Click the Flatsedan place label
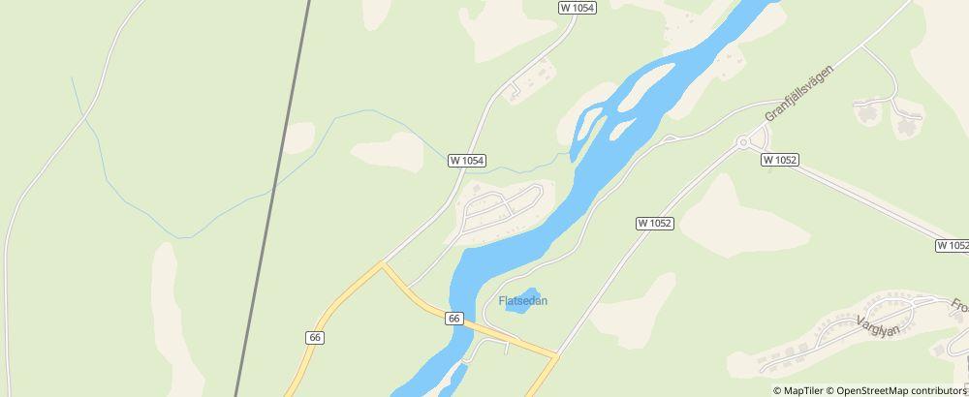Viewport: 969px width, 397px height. [523, 300]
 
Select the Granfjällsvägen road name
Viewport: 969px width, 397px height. [799, 87]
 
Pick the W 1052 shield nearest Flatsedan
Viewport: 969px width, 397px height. [655, 223]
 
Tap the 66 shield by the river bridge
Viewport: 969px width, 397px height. [453, 318]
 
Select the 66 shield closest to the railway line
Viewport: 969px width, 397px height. [315, 337]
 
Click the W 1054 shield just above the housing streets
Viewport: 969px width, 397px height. [467, 161]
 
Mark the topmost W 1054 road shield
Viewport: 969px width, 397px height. [577, 7]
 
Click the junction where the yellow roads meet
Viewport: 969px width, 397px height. [382, 263]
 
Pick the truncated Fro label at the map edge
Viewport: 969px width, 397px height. [959, 307]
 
